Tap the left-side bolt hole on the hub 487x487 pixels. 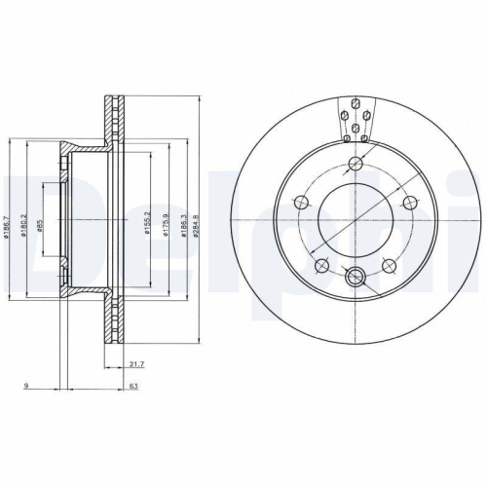click(300, 203)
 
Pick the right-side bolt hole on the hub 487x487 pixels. click(411, 203)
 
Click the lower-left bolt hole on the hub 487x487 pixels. click(320, 263)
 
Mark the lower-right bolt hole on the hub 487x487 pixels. click(391, 263)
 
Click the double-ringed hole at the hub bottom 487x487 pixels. click(356, 275)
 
